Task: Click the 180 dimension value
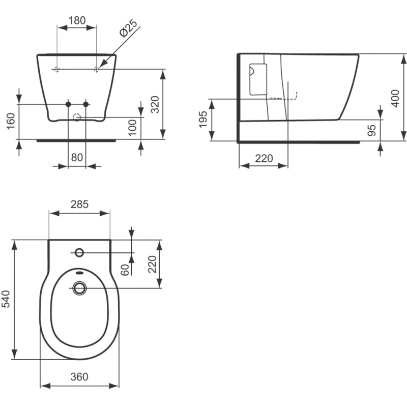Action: (77, 20)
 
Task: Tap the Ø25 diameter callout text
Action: (128, 28)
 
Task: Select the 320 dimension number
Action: (155, 104)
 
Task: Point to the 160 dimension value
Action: (11, 121)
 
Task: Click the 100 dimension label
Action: (132, 128)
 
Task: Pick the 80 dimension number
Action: (77, 157)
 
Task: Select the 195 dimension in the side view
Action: (203, 119)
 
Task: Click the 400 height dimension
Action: (395, 98)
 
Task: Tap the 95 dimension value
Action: (372, 130)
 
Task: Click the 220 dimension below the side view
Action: (264, 158)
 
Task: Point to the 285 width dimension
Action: (79, 205)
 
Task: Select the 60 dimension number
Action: (125, 270)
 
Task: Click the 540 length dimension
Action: (6, 299)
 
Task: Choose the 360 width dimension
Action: (79, 376)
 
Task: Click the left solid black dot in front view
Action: (68, 104)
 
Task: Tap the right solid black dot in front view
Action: (86, 104)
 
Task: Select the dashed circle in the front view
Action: (77, 118)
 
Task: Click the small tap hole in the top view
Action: (79, 252)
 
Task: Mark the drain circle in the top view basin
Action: (79, 288)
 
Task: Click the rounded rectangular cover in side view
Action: (258, 79)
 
